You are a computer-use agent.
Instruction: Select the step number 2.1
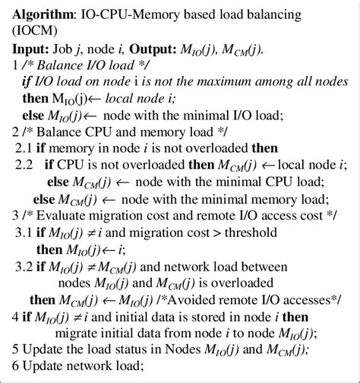click(x=24, y=149)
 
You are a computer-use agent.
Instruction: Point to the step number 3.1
click(x=24, y=231)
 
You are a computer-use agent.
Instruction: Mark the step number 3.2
click(x=24, y=264)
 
